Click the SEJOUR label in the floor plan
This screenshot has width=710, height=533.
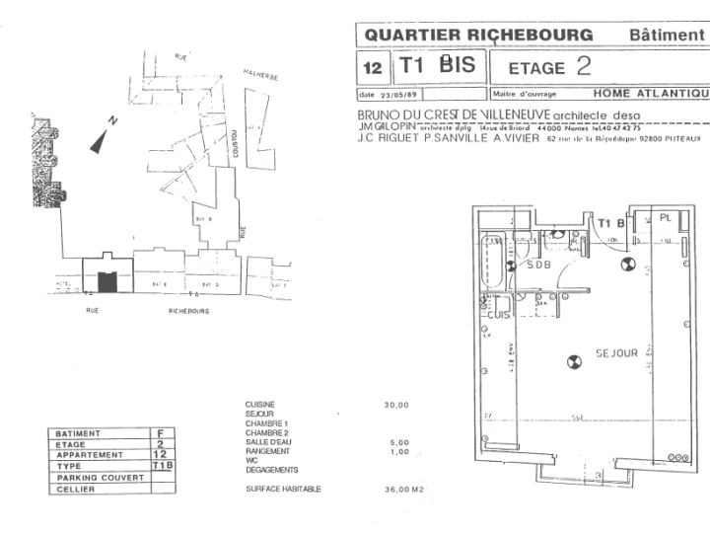(616, 352)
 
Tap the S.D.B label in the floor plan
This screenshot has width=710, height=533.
(538, 266)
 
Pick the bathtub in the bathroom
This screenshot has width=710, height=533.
(491, 262)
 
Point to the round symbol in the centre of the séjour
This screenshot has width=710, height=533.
(572, 362)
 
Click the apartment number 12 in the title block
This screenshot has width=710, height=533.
(373, 68)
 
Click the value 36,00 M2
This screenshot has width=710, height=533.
(403, 489)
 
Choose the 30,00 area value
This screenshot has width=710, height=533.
(396, 405)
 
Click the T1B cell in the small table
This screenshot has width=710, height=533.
(162, 465)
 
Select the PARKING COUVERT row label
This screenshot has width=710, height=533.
(100, 477)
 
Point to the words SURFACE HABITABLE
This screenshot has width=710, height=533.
(283, 489)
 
